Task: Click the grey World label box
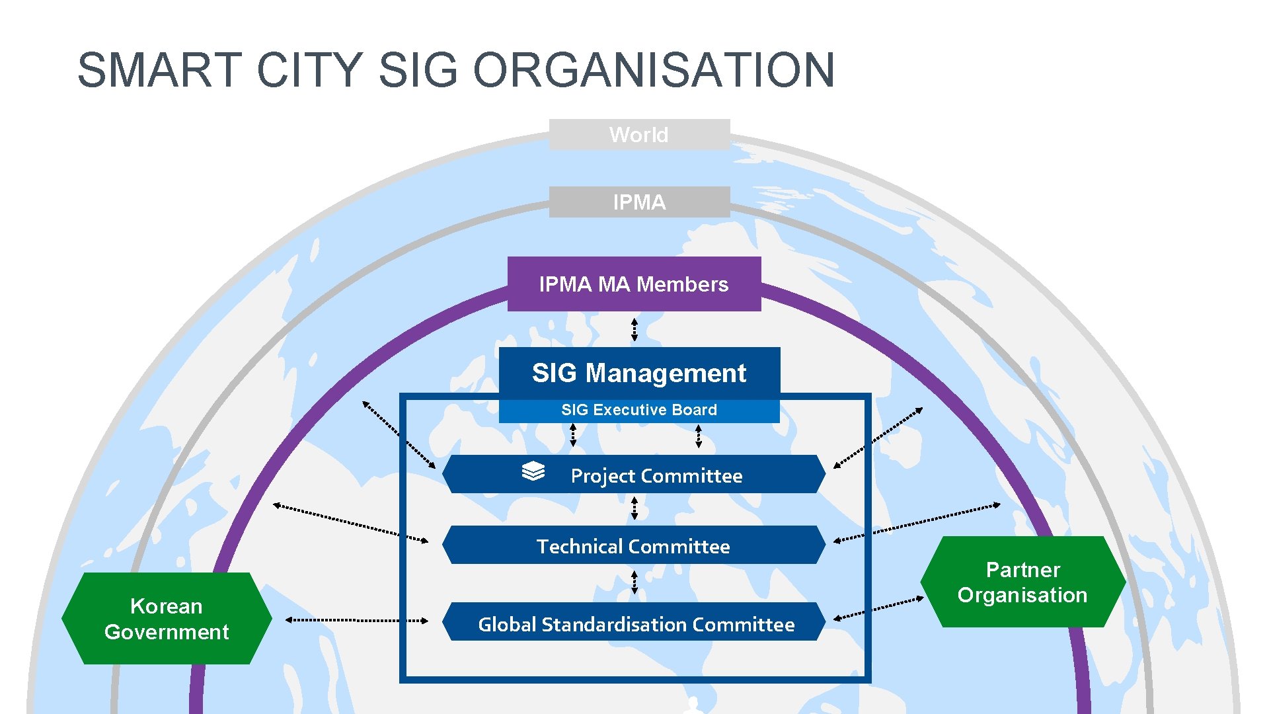[639, 135]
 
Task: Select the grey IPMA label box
[639, 202]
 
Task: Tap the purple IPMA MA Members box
[634, 284]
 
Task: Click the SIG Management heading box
[639, 373]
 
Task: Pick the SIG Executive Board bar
[639, 410]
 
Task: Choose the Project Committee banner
[633, 475]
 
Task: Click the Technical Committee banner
[633, 545]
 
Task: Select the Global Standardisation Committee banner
[633, 622]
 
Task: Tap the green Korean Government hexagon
[167, 619]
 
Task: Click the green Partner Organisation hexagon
[1022, 582]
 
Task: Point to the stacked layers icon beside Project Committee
[533, 471]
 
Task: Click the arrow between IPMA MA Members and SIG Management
[634, 329]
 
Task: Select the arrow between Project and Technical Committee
[634, 508]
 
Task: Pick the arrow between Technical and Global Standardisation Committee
[634, 582]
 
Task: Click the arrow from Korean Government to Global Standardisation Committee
[357, 620]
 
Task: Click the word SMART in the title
[159, 70]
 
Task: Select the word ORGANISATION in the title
[654, 70]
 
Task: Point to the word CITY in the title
[309, 70]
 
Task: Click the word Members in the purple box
[683, 284]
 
